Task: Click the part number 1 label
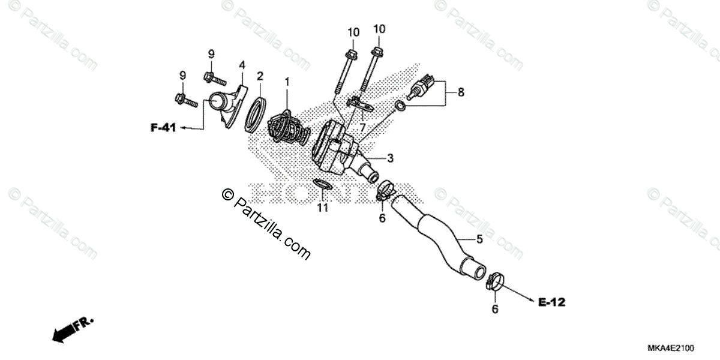287,80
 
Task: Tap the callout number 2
260,76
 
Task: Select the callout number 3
390,158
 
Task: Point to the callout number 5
479,239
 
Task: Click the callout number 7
362,127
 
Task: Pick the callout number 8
460,92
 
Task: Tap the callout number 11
323,208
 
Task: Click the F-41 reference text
163,127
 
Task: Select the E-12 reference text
551,303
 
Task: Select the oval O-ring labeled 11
322,184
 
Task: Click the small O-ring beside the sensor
400,107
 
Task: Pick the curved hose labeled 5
441,237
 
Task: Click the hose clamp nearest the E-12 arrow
494,282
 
